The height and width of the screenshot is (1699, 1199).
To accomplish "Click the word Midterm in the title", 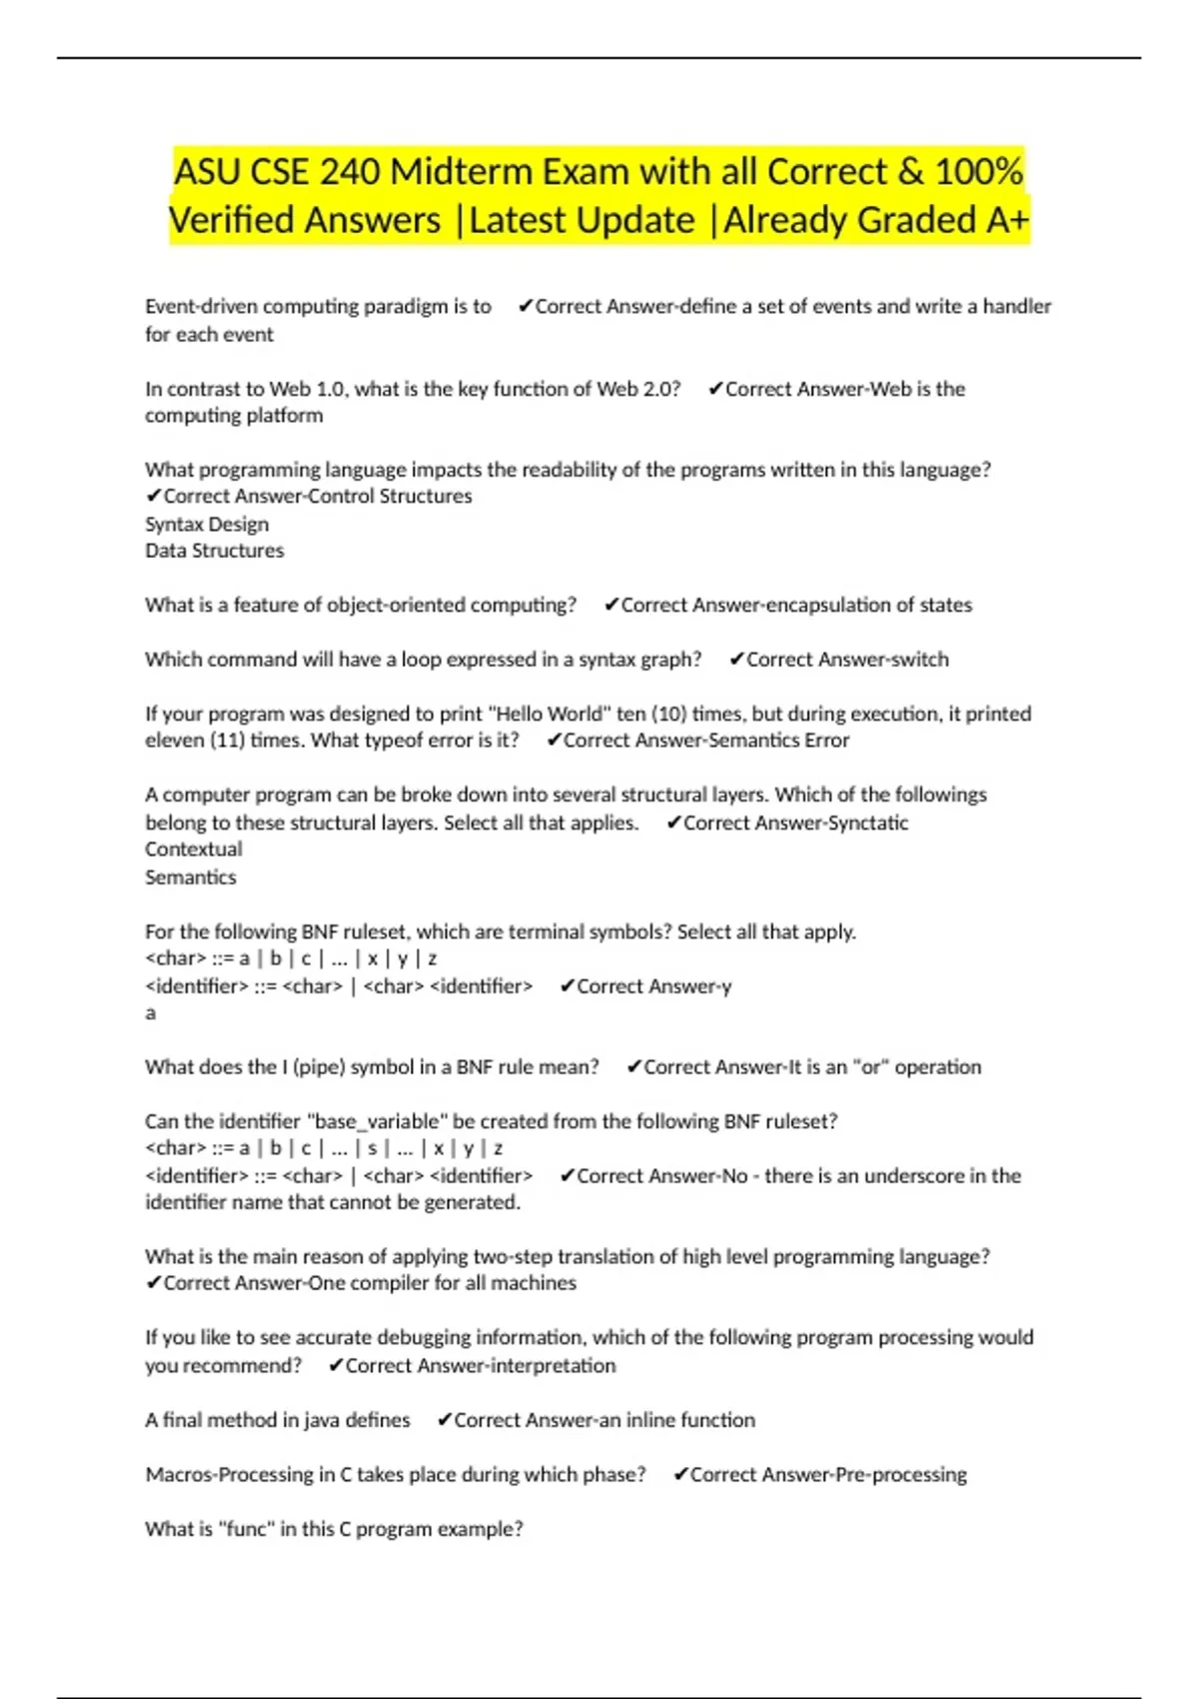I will pos(462,172).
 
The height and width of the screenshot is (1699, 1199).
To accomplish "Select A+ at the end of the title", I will pos(1007,221).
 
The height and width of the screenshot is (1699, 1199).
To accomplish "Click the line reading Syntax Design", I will pos(207,524).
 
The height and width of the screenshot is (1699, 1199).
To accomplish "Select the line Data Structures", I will pos(214,551).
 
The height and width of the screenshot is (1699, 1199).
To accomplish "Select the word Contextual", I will pos(194,849).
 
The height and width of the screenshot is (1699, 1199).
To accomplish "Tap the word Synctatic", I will pos(869,823).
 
